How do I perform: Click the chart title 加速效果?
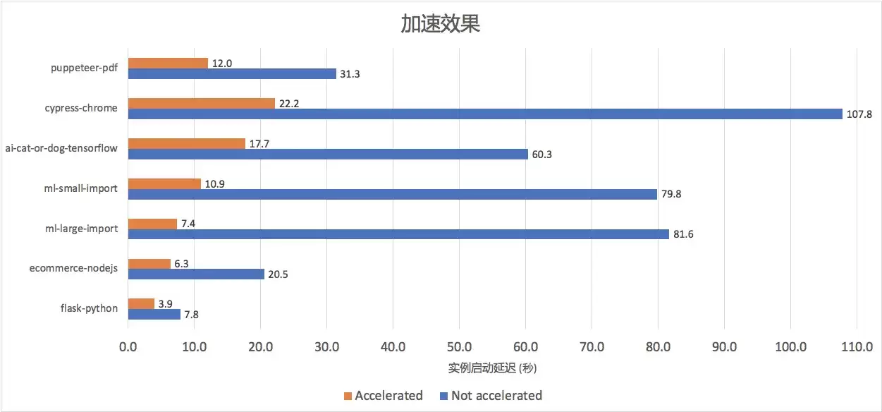coord(440,23)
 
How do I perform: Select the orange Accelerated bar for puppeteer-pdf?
coord(168,63)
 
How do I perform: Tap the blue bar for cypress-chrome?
coord(485,114)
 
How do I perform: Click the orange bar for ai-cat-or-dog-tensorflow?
coord(187,143)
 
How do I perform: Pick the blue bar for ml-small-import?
coord(393,194)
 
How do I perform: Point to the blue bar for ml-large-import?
coord(398,234)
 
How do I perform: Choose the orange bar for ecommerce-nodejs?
coord(149,264)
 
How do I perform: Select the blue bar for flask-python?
coord(154,315)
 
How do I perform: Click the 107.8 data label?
coord(859,114)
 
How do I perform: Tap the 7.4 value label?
coord(188,224)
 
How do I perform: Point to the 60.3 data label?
coord(541,154)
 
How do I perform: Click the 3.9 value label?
coord(166,303)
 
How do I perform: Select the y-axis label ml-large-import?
coord(82,229)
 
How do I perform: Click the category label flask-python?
coord(89,308)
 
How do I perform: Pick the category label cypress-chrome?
coord(81,108)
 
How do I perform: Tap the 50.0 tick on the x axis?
coord(459,346)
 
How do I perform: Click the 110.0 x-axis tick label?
coord(857,346)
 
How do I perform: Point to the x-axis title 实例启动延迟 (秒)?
coord(492,368)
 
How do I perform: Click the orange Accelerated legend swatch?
coord(348,396)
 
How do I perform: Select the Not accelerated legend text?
coord(496,396)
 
